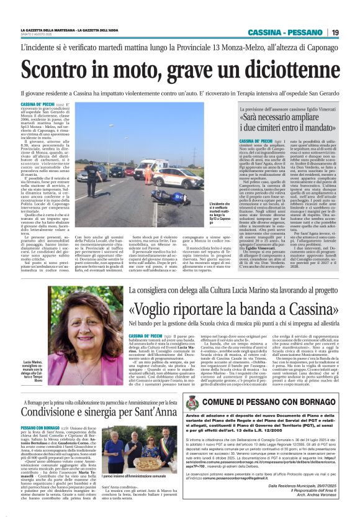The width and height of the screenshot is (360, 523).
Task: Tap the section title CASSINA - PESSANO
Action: point(286,32)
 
